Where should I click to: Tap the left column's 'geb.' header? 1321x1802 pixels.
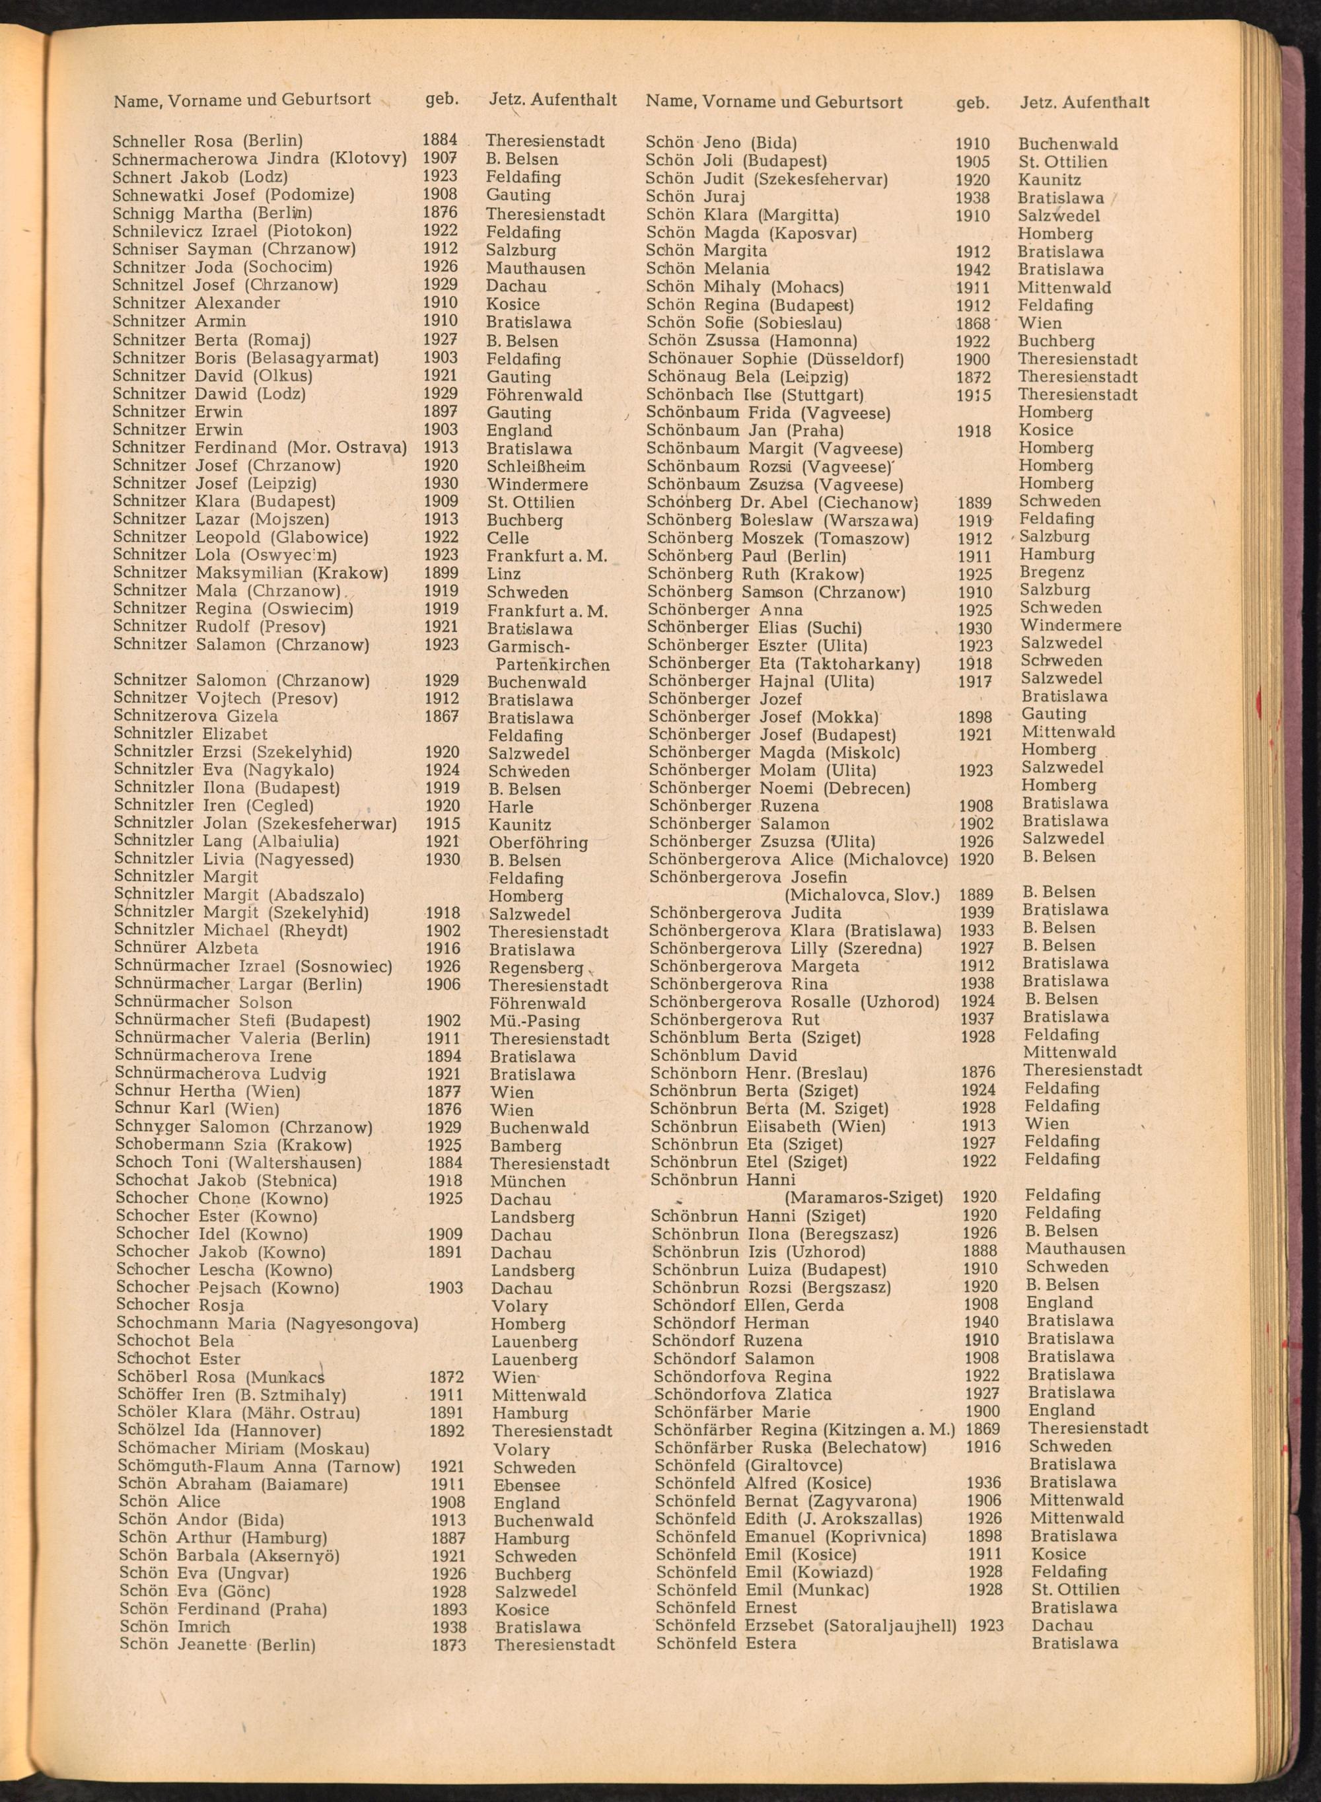point(441,100)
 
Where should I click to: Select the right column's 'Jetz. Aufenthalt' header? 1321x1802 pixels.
point(1085,102)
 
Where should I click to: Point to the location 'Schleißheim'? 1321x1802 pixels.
point(535,467)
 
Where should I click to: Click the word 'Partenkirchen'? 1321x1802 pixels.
point(553,665)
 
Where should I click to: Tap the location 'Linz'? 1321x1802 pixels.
point(503,574)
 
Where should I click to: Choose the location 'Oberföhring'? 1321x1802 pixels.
point(538,843)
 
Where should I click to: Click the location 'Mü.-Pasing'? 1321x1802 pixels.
point(534,1021)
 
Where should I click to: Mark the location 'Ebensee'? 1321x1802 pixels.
point(526,1486)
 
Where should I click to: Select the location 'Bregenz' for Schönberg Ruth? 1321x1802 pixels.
point(1052,573)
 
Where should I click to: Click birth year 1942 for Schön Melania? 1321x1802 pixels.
point(972,270)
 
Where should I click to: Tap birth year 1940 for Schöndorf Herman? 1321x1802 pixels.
point(980,1323)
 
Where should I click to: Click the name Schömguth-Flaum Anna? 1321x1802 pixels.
point(217,1467)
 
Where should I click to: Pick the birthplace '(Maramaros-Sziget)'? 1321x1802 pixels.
point(864,1198)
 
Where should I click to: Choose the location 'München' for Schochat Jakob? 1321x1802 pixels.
point(528,1182)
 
